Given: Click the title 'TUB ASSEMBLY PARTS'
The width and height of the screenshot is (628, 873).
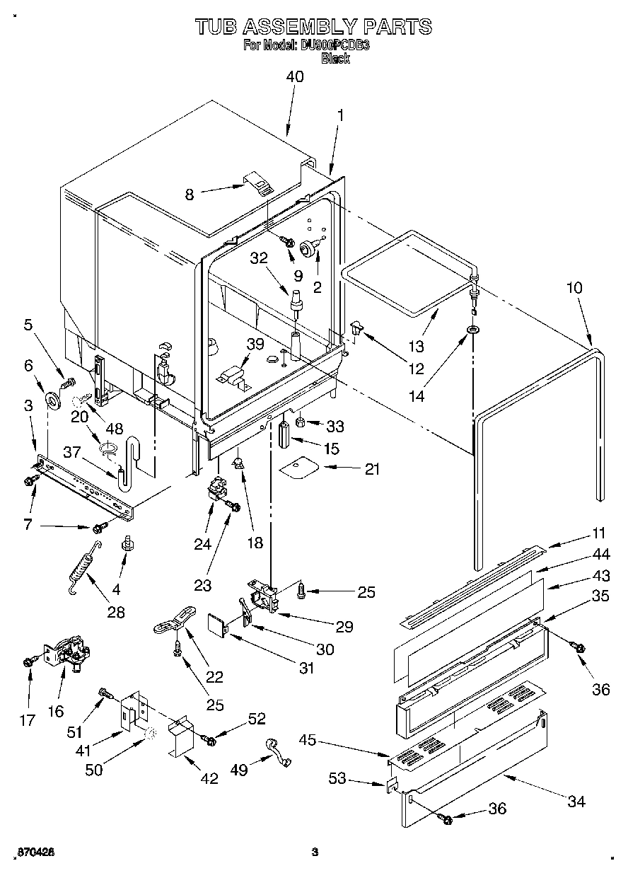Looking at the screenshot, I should pos(313,27).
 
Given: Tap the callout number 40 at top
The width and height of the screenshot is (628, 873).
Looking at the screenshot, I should pos(294,76).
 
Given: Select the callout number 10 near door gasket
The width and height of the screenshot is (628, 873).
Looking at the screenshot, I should pos(574,288).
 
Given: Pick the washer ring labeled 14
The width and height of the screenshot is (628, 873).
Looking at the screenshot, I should pos(472,330).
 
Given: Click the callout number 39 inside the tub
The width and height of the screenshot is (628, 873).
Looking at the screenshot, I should pos(255,345).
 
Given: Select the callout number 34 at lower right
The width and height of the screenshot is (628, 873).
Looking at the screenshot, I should pos(576,801).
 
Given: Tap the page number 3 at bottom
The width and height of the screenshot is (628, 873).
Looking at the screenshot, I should pos(315,852).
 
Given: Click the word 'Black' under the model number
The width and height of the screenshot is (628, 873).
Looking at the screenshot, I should pos(336,59).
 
